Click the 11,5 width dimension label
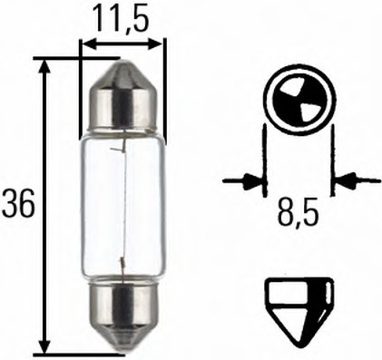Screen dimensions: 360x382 (122, 17)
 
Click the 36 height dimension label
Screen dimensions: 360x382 (18, 205)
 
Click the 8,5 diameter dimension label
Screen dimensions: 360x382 (298, 218)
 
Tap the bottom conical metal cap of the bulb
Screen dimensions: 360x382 (122, 317)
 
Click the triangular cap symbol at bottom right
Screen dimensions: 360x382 (298, 304)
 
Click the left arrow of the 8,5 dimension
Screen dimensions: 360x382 (252, 181)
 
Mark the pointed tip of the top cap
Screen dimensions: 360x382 (122, 62)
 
